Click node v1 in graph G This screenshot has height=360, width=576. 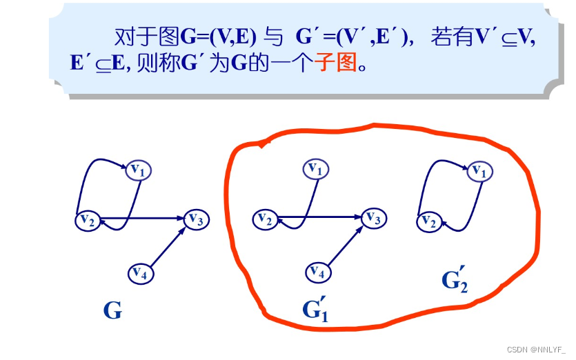pyautogui.click(x=138, y=169)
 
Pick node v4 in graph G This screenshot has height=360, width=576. pyautogui.click(x=141, y=273)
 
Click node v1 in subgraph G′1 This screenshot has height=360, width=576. pyautogui.click(x=315, y=168)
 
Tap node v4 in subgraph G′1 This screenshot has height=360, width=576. pyautogui.click(x=317, y=272)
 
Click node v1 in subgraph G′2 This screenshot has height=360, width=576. pyautogui.click(x=480, y=170)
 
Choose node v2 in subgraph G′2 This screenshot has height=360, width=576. pyautogui.click(x=429, y=221)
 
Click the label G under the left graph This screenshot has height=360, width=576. pyautogui.click(x=112, y=310)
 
